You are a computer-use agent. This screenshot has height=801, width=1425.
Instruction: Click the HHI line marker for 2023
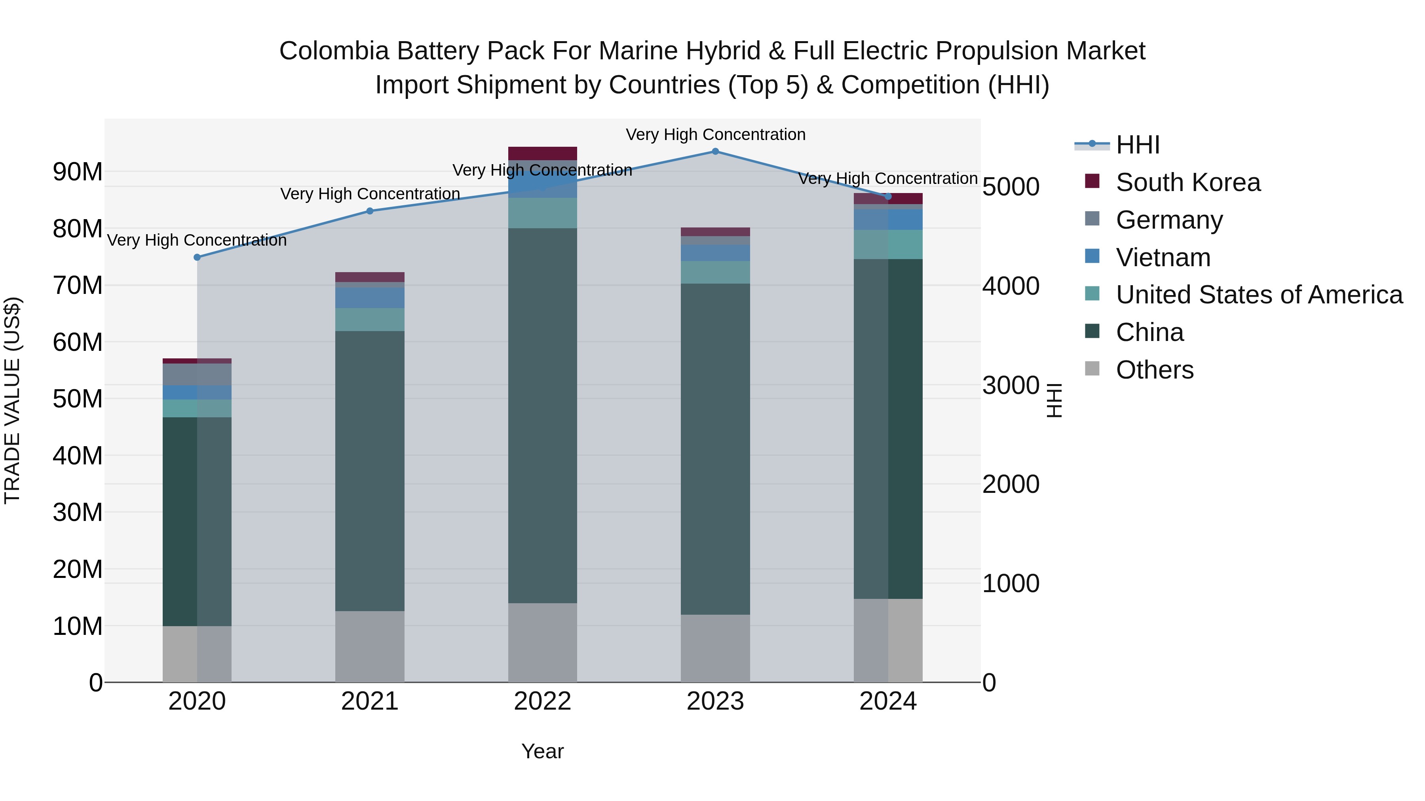point(715,151)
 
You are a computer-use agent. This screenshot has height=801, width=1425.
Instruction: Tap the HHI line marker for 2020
point(198,258)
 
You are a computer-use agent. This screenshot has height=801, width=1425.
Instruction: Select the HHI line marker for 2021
point(370,211)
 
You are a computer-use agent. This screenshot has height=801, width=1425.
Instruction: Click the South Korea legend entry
point(1187,182)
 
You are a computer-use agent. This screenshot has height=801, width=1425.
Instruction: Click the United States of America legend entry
point(1258,295)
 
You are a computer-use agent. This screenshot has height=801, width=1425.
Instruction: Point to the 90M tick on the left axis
point(78,172)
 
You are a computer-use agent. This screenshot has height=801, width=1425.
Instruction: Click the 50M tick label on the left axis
point(78,399)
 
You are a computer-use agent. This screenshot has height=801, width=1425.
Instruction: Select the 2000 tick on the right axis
point(1011,485)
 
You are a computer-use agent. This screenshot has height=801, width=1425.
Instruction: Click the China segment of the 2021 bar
point(370,470)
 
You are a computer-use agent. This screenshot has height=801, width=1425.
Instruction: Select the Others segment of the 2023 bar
point(715,648)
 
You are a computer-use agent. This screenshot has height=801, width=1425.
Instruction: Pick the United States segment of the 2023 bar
point(715,273)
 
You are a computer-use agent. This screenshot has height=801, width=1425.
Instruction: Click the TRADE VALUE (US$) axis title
point(12,400)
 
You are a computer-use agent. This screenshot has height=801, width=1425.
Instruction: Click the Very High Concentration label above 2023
point(715,135)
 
